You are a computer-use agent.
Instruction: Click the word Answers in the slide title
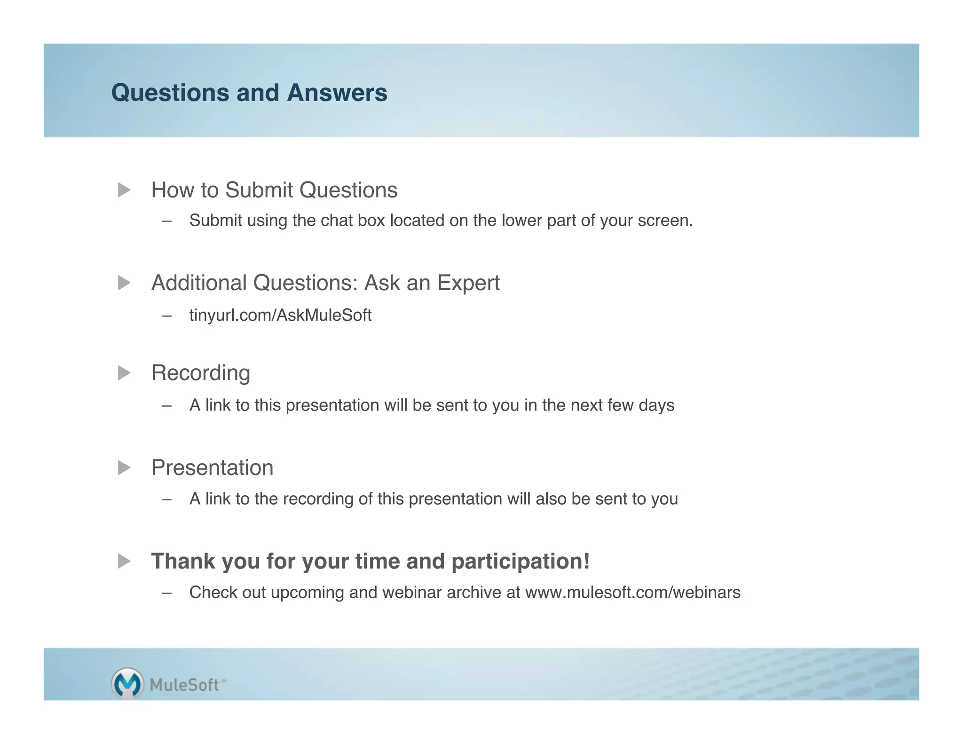(337, 93)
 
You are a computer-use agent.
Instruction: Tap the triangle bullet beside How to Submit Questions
(124, 190)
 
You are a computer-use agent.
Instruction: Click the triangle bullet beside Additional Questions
(124, 283)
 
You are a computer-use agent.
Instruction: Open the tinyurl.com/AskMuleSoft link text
(280, 315)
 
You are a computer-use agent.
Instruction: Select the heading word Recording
(201, 373)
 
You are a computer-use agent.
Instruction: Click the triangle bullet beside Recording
(124, 373)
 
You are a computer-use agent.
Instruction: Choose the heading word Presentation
(212, 468)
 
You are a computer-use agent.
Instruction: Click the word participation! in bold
(520, 561)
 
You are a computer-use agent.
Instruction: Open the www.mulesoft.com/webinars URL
(632, 593)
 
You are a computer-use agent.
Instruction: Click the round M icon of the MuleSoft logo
(127, 683)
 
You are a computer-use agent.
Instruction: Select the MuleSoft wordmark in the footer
(184, 685)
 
